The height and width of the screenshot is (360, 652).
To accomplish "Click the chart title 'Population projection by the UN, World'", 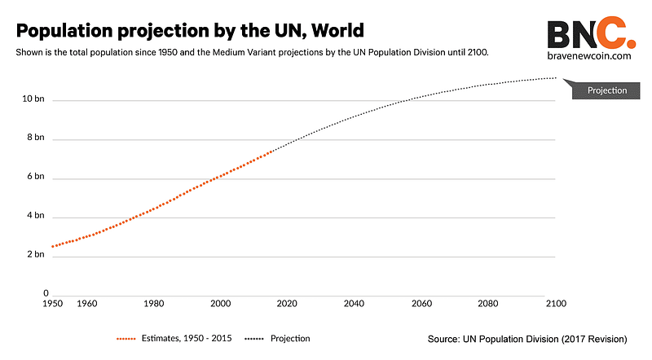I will click(x=190, y=30).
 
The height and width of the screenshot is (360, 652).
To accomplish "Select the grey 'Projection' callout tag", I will click(x=607, y=90).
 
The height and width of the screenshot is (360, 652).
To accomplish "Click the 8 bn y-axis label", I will click(x=34, y=138).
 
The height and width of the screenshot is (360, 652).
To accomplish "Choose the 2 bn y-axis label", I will click(x=34, y=255).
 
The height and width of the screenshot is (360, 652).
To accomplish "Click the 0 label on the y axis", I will click(x=46, y=293).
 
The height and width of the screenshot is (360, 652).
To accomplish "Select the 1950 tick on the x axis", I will click(x=52, y=303).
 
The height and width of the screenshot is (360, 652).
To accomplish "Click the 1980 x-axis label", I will click(x=153, y=303).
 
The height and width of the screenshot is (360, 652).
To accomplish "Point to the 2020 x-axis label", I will click(x=287, y=303).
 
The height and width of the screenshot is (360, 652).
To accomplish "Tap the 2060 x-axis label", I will click(x=421, y=303).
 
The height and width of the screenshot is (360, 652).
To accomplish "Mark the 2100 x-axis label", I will click(x=555, y=303).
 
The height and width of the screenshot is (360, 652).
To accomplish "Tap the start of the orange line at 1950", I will click(x=52, y=246).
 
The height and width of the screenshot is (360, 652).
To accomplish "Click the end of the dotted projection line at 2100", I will click(x=555, y=78).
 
